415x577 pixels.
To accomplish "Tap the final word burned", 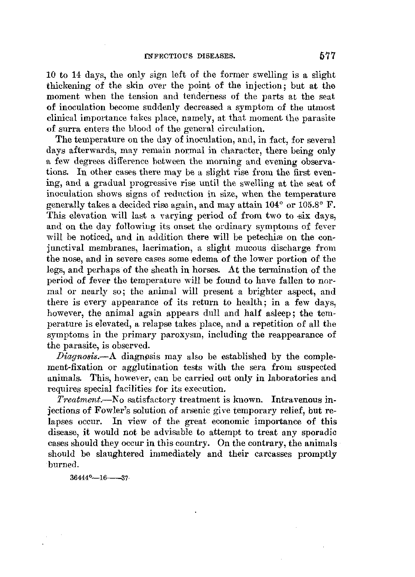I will [59, 465].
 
